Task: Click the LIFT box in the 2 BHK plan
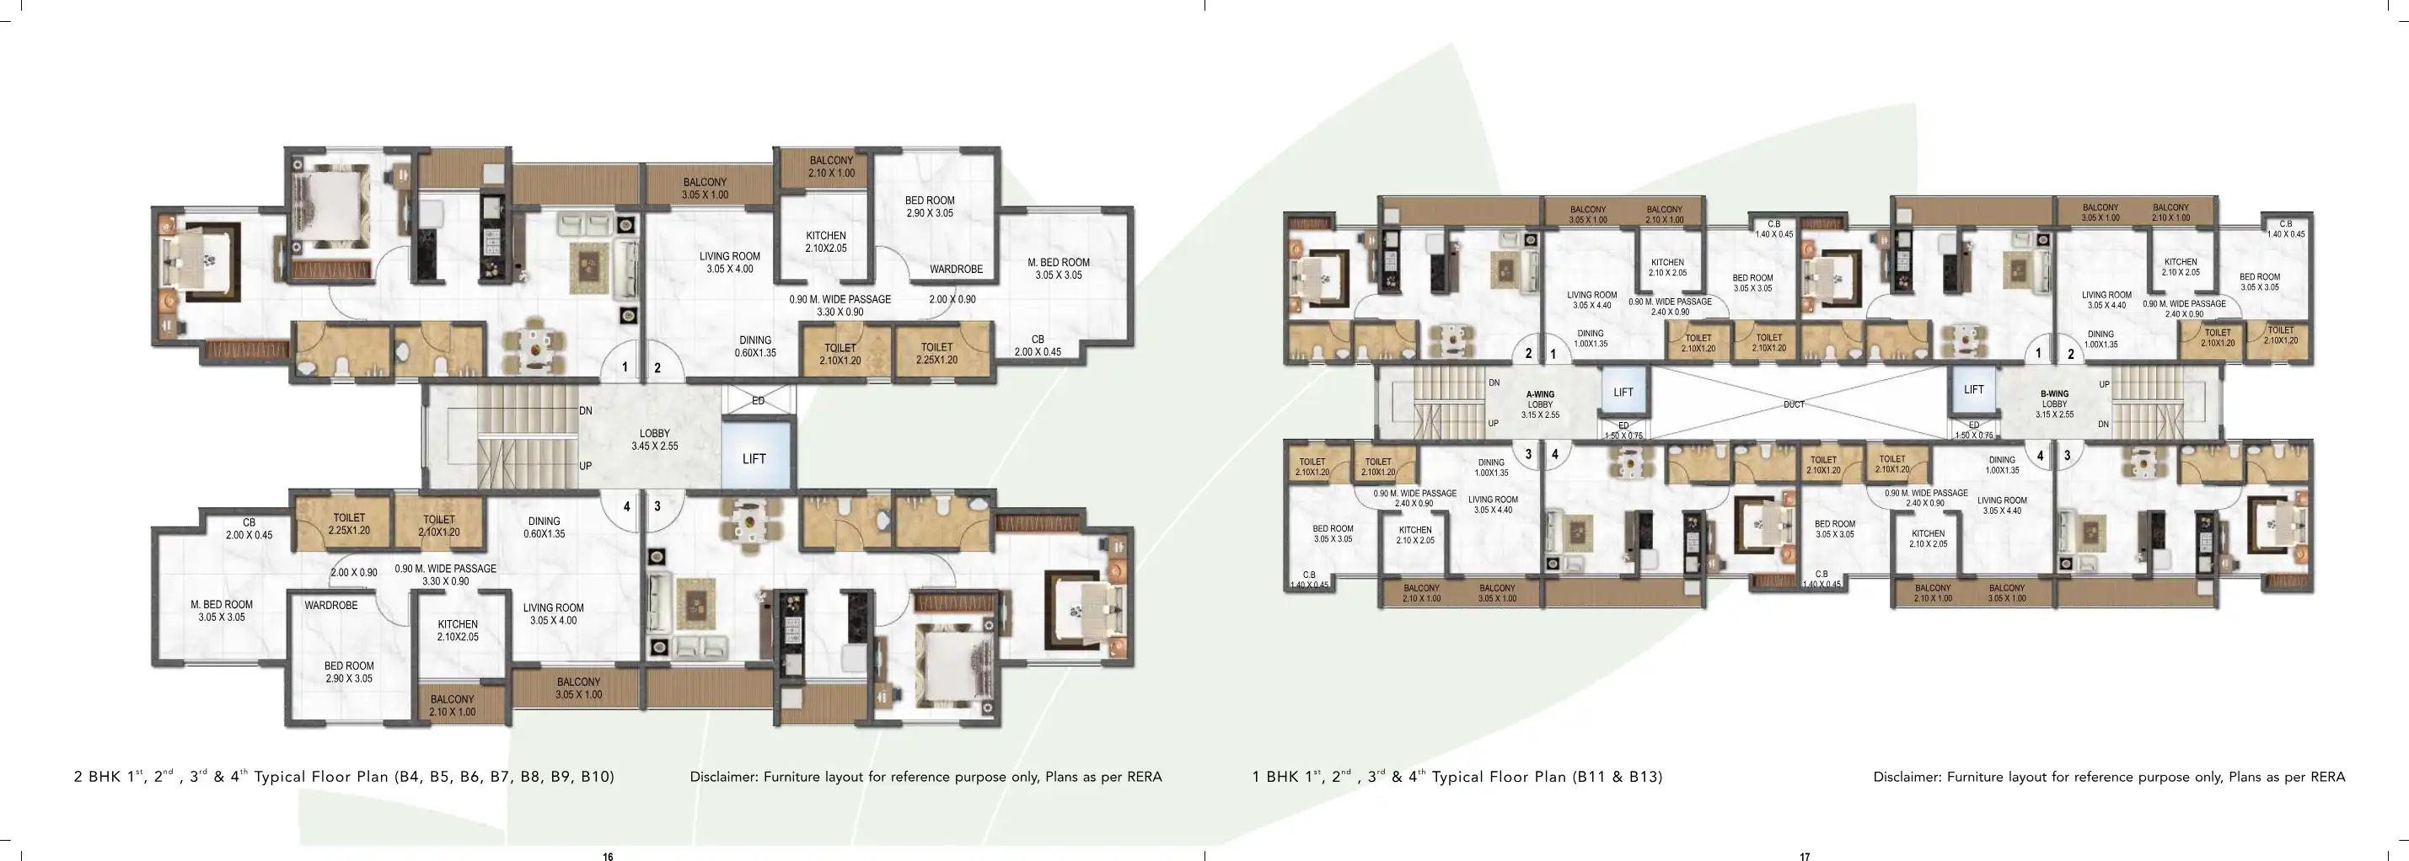[x=754, y=458]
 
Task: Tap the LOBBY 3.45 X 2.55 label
[x=655, y=440]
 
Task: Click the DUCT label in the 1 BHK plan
[x=1794, y=404]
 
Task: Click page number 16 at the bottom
[x=608, y=856]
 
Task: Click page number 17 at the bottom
[x=1805, y=856]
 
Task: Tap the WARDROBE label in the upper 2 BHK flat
[x=956, y=270]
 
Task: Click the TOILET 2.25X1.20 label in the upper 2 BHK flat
[x=936, y=353]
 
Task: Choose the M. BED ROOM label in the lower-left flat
[x=222, y=611]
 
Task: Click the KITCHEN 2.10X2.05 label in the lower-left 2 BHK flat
[x=458, y=630]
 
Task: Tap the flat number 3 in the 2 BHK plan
[x=657, y=506]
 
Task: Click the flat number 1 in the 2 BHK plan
[x=625, y=367]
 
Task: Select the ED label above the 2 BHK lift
[x=759, y=401]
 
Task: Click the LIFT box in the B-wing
[x=1973, y=390]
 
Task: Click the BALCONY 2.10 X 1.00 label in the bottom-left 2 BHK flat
[x=452, y=706]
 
